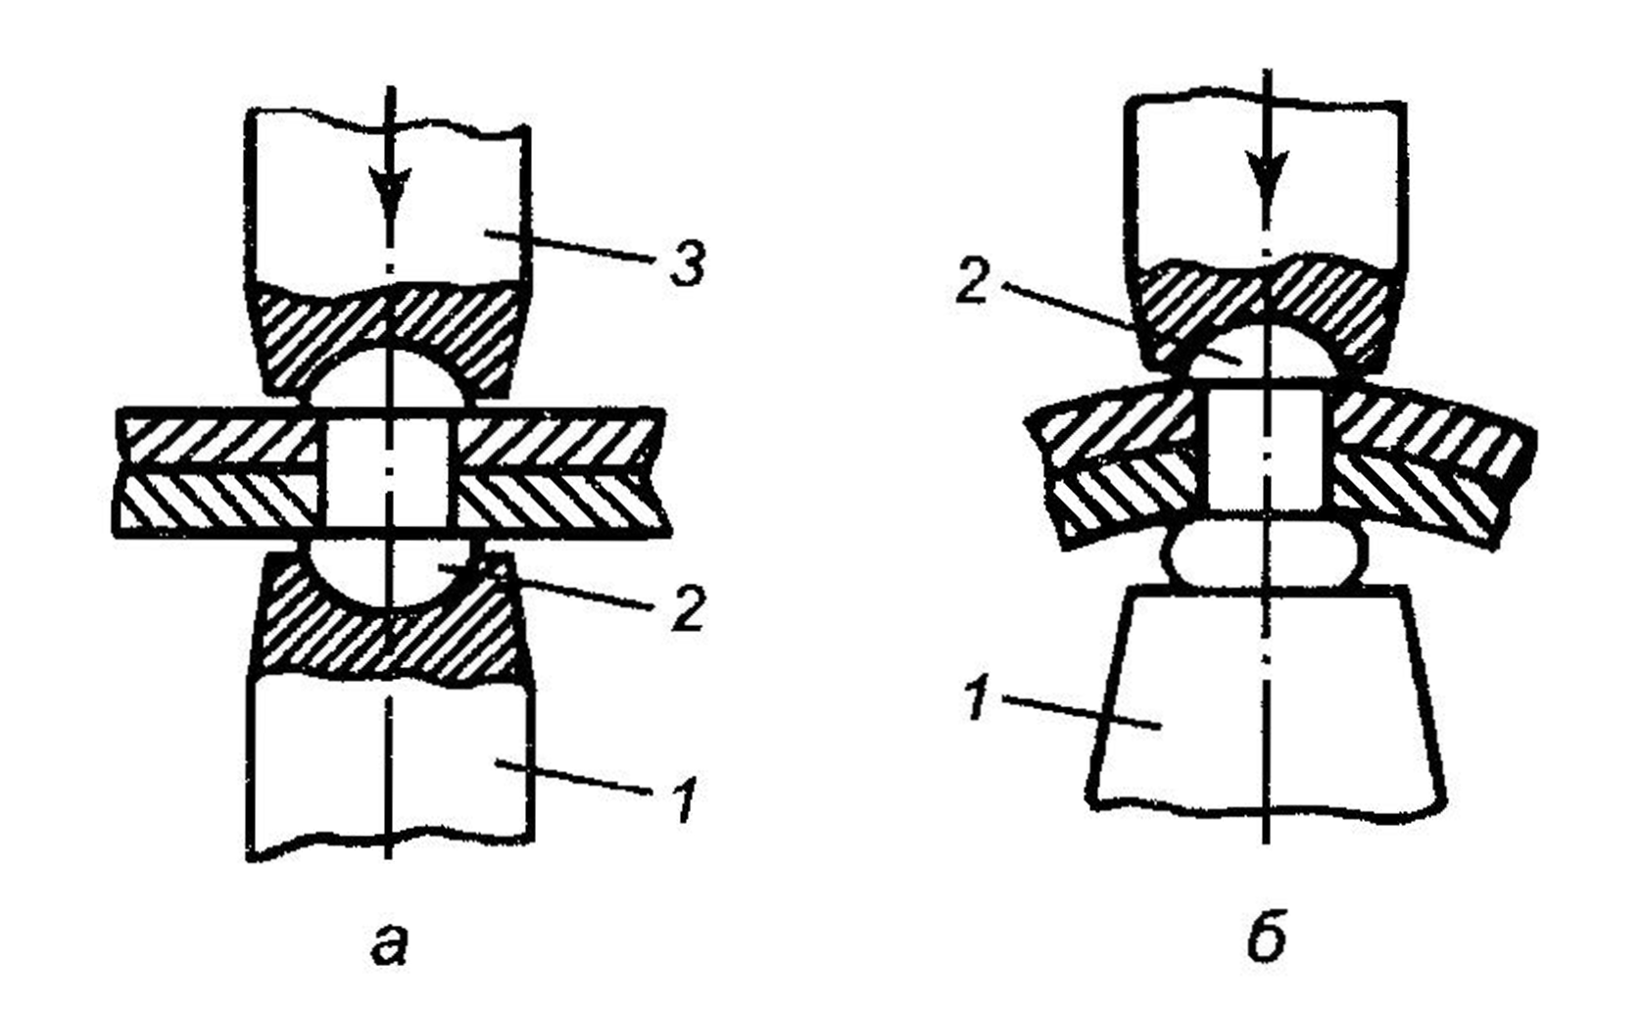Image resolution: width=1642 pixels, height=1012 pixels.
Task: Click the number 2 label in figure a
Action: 688,609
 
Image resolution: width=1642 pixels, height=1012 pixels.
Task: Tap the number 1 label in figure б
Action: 975,702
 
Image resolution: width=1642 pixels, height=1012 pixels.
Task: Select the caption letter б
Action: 1267,938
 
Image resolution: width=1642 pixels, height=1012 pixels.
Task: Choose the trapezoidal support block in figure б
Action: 1265,696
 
